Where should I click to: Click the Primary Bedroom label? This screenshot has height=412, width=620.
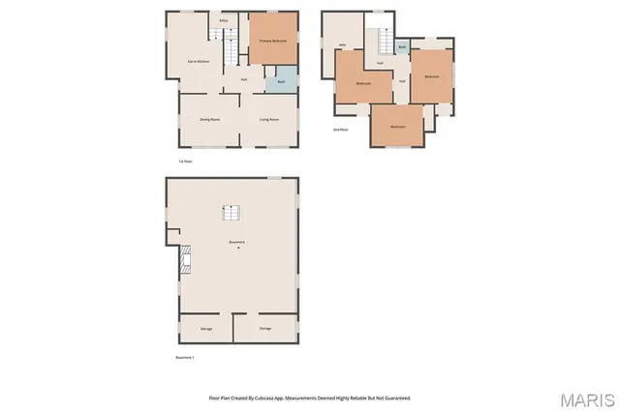click(272, 41)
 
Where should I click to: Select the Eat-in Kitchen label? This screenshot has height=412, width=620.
click(201, 61)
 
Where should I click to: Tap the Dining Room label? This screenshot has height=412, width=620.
click(209, 119)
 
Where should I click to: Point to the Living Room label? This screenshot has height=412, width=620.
click(269, 119)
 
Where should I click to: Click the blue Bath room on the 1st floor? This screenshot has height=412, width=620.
click(281, 81)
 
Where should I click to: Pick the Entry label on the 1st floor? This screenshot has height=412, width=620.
click(224, 19)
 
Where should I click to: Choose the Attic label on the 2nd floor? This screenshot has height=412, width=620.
click(343, 44)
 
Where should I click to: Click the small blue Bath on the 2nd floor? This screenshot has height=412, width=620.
click(402, 46)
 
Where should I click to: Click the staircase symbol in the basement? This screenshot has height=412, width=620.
click(232, 212)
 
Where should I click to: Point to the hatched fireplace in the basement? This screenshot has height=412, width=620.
click(184, 260)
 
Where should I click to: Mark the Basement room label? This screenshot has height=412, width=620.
click(236, 242)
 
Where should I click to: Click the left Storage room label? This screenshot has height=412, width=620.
click(206, 329)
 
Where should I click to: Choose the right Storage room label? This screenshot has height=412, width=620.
click(265, 329)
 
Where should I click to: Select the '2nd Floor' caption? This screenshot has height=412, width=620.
click(340, 129)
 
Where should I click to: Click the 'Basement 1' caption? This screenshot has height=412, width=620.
click(185, 357)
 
